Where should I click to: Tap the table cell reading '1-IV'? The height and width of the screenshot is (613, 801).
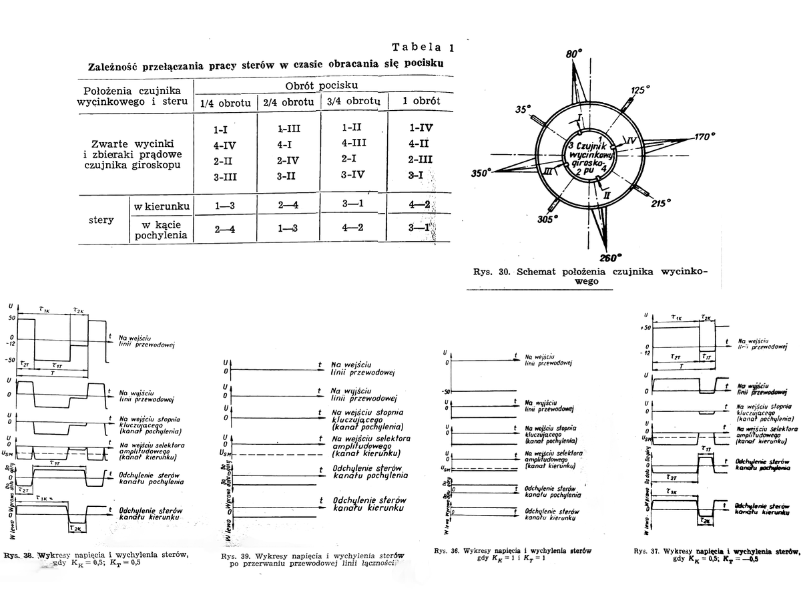(x=421, y=127)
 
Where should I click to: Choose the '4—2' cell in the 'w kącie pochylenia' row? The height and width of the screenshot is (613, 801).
(x=352, y=226)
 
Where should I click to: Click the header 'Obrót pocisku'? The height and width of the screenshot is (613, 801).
(x=321, y=86)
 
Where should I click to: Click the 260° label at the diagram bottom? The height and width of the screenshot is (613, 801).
(x=609, y=258)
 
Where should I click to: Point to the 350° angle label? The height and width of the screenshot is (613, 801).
(x=481, y=173)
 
